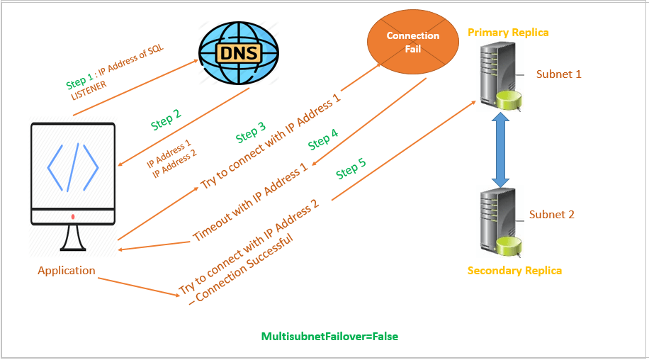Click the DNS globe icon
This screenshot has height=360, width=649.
coord(239,51)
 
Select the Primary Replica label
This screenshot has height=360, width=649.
coord(508,33)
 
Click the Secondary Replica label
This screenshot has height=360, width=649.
coord(514,271)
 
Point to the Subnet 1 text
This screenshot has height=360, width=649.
coord(558,74)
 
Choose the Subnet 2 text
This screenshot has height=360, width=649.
coord(551,214)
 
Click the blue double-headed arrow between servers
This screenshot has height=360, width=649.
coord(501,152)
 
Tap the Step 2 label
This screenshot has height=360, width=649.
coord(166,120)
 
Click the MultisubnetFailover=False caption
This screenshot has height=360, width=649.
coord(329,336)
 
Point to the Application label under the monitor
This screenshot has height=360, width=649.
coord(67,271)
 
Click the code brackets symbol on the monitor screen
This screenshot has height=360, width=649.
coord(73,168)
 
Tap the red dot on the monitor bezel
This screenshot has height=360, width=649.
coord(73,216)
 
